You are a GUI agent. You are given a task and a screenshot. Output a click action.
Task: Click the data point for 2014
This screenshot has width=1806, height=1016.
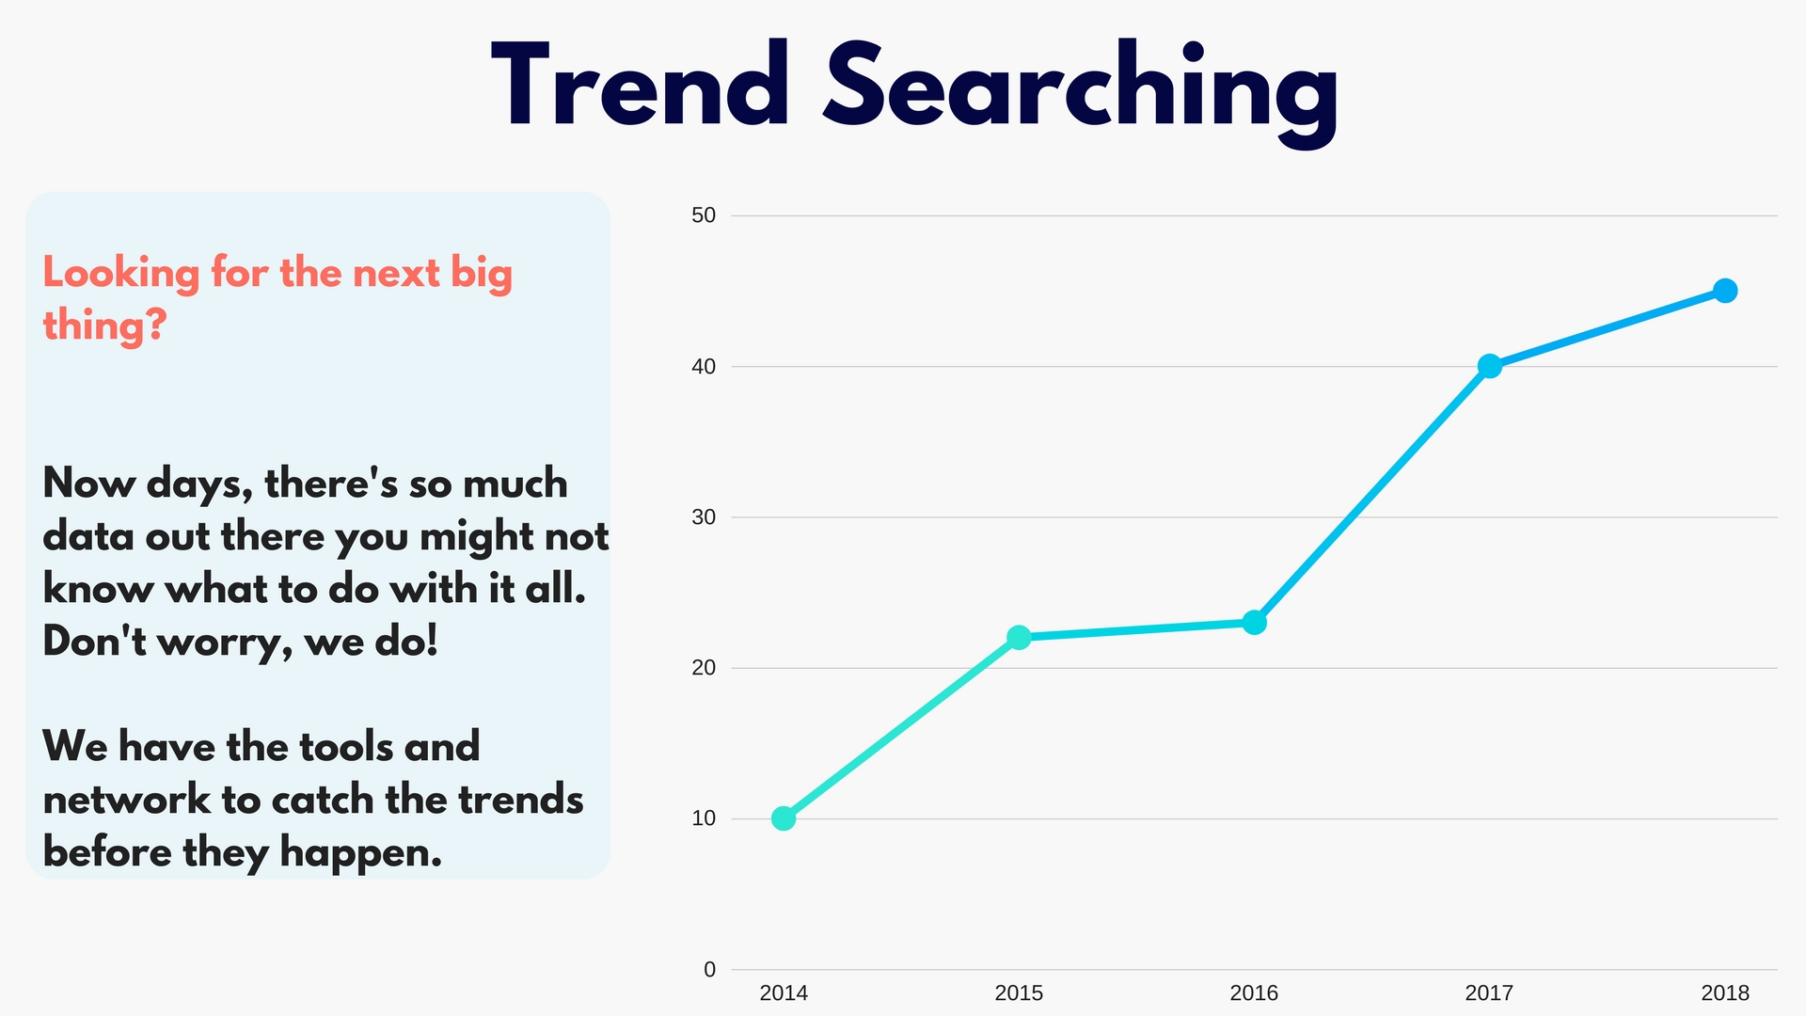(784, 818)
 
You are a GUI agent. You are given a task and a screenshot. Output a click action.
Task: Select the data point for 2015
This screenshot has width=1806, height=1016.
(1019, 638)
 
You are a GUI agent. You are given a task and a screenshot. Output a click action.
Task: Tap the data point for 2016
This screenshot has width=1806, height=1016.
(1255, 623)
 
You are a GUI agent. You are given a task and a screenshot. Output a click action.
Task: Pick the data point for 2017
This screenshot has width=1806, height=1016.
(1490, 366)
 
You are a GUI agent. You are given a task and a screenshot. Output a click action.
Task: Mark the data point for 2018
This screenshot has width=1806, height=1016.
(1725, 291)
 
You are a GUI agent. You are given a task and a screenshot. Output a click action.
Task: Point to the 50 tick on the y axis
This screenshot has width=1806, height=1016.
(704, 215)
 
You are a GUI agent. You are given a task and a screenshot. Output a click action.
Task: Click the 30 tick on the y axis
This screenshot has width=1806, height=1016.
(704, 517)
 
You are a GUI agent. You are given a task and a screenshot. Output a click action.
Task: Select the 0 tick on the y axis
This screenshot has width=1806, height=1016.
(710, 969)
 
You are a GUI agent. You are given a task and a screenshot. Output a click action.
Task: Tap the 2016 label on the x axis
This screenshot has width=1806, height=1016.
(1255, 992)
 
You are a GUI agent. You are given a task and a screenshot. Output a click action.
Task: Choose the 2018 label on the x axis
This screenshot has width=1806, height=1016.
(1725, 992)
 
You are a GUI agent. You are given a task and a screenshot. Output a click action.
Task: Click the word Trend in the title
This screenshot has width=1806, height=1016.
(641, 85)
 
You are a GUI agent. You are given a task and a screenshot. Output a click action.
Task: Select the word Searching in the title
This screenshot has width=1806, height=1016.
(1082, 91)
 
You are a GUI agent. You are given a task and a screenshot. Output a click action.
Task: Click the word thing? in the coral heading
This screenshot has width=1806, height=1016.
(104, 326)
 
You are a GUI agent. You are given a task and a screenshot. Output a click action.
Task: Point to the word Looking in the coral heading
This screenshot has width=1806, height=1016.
(121, 274)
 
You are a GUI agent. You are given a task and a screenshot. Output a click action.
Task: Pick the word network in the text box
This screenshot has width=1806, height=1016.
(127, 799)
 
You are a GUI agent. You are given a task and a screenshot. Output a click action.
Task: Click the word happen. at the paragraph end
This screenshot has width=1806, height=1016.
(361, 853)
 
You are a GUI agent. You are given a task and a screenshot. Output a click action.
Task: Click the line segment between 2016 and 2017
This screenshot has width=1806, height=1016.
(1372, 495)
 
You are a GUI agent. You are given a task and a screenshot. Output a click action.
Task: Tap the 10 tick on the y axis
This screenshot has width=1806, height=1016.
(704, 818)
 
